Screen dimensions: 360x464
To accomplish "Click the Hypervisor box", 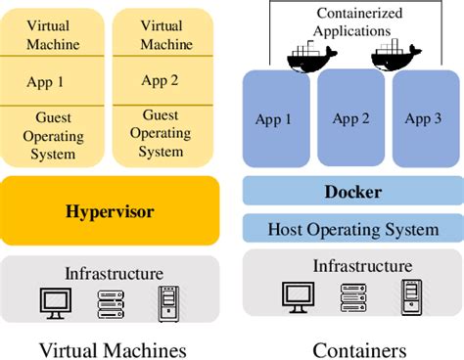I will click(x=111, y=210).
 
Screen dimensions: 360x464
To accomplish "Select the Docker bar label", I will click(x=352, y=192).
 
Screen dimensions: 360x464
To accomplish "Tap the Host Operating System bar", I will click(x=352, y=230).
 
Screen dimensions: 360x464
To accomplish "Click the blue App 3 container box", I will click(x=423, y=119).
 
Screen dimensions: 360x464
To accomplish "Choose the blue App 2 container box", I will click(x=351, y=119).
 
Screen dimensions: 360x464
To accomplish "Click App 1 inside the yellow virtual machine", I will click(x=49, y=82).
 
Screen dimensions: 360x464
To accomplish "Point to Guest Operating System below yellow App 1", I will click(x=49, y=136).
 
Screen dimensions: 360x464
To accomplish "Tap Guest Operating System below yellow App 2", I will click(x=161, y=133).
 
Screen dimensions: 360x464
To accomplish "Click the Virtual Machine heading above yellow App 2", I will click(x=161, y=34).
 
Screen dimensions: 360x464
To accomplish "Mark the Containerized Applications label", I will click(x=352, y=22).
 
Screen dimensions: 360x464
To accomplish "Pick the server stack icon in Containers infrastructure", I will click(x=353, y=294).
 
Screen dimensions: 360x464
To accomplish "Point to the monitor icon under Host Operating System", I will click(x=298, y=294).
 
